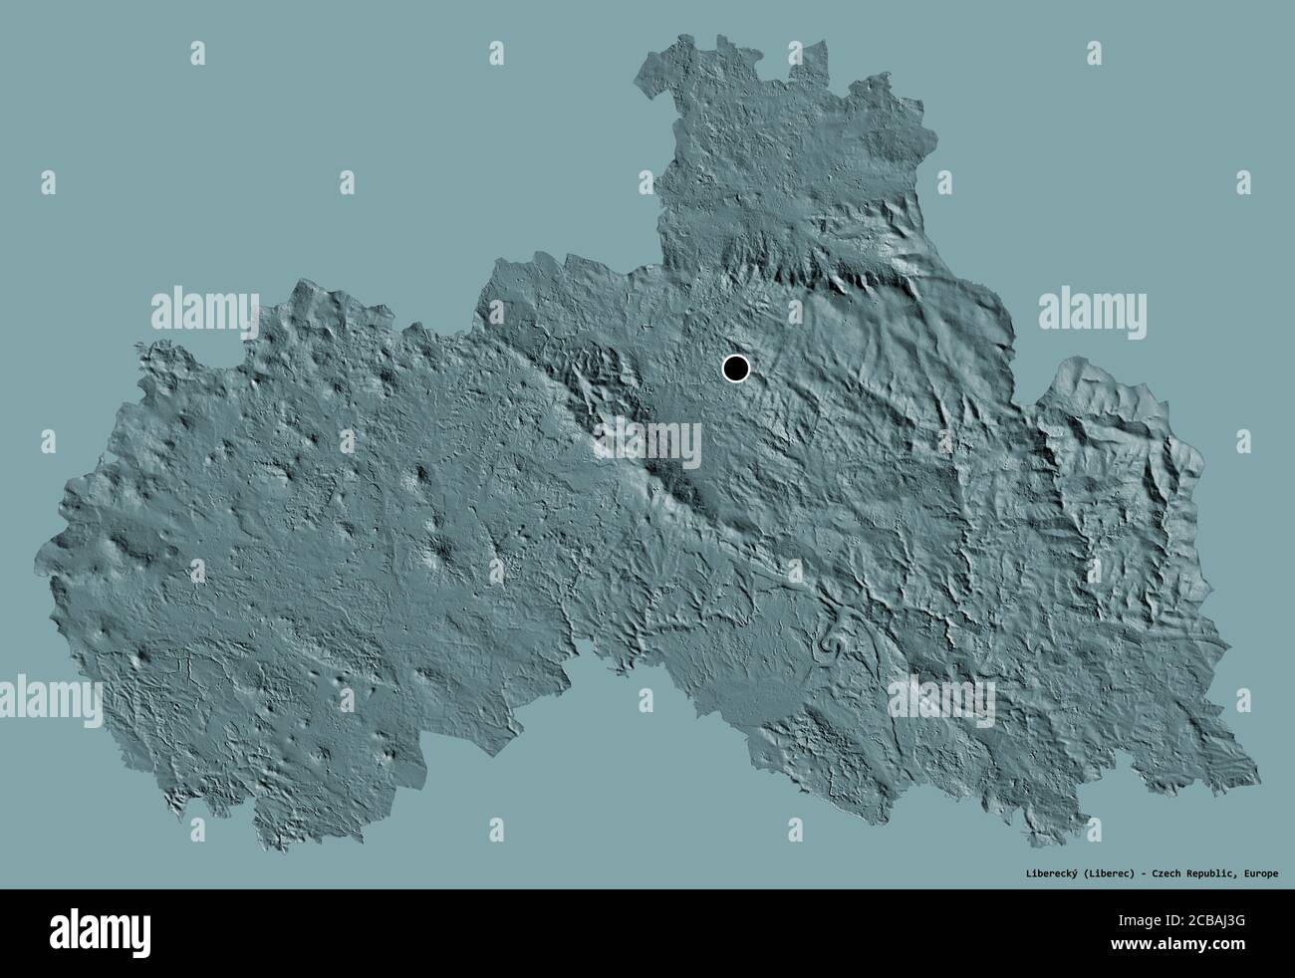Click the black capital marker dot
[735, 368]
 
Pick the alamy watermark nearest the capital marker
[647, 438]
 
